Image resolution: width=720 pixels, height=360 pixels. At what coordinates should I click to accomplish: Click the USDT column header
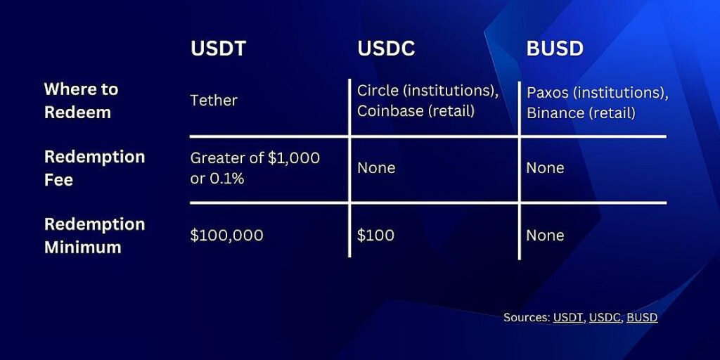pyautogui.click(x=217, y=49)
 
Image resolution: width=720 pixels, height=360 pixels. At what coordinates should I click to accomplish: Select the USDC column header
pyautogui.click(x=386, y=49)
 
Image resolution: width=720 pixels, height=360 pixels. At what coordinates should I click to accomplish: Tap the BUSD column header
pyautogui.click(x=555, y=49)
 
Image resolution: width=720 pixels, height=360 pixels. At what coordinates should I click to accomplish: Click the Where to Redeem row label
pyautogui.click(x=81, y=101)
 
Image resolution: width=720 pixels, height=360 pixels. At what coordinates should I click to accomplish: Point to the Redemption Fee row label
pyautogui.click(x=94, y=167)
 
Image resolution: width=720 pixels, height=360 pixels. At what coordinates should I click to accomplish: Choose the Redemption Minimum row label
pyautogui.click(x=94, y=236)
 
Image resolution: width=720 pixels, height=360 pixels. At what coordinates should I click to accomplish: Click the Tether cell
pyautogui.click(x=214, y=101)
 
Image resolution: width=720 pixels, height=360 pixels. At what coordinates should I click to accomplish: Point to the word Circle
pyautogui.click(x=377, y=91)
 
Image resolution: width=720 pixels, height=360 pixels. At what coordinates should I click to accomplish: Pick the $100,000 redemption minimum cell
pyautogui.click(x=226, y=236)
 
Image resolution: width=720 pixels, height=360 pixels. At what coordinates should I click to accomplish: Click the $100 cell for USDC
pyautogui.click(x=375, y=236)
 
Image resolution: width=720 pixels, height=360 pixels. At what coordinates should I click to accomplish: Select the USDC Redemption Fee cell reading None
pyautogui.click(x=376, y=168)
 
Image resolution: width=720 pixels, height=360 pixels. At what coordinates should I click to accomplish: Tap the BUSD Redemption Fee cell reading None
pyautogui.click(x=545, y=168)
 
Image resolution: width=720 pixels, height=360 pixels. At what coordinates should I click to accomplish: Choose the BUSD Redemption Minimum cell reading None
pyautogui.click(x=545, y=236)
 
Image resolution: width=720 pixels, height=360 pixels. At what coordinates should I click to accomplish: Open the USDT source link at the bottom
pyautogui.click(x=568, y=318)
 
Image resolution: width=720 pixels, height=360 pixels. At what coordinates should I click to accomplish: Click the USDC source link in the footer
pyautogui.click(x=605, y=318)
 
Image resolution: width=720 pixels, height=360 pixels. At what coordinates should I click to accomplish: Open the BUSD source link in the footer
pyautogui.click(x=642, y=318)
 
